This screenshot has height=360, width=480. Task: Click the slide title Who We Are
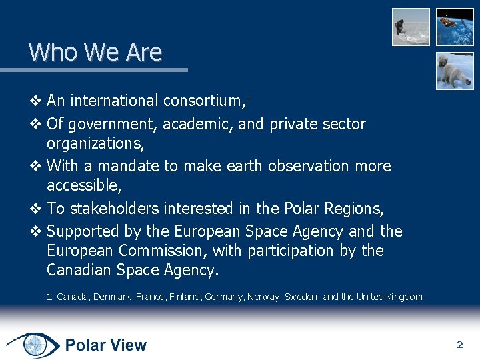(95, 52)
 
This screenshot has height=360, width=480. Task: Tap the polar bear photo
(455, 71)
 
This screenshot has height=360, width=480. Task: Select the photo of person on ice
(411, 27)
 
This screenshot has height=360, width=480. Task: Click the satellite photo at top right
(455, 26)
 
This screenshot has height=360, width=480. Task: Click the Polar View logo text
(105, 345)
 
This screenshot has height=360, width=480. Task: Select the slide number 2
(459, 345)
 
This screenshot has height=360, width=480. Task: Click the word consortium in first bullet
(202, 101)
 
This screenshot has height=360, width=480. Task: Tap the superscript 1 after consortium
(249, 98)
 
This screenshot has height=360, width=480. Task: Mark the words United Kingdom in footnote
(389, 297)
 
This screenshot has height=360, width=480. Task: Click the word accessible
(84, 185)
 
